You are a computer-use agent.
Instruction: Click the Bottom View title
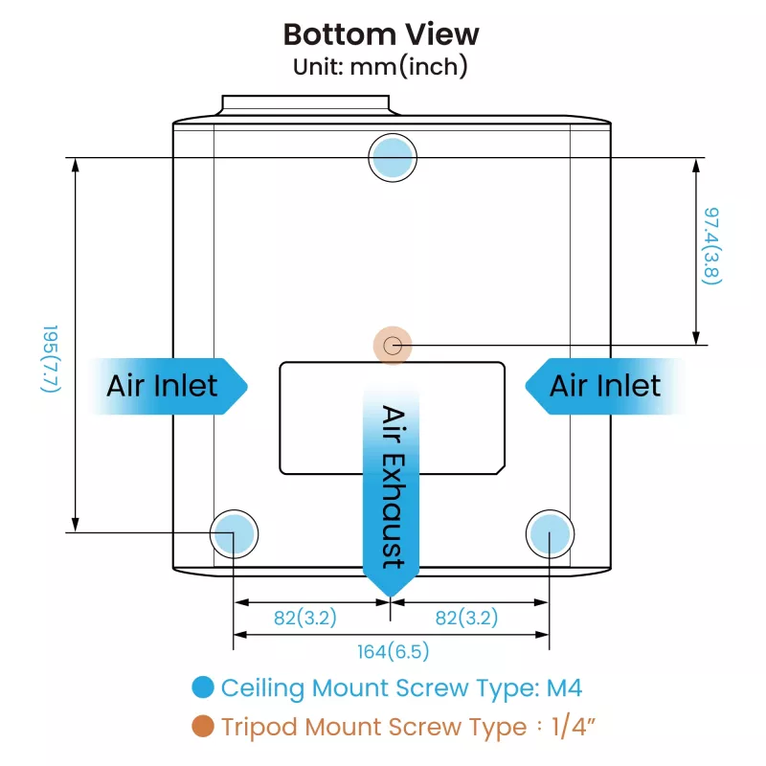381,34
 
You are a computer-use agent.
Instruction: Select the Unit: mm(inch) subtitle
380,67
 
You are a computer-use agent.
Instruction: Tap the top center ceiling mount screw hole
393,157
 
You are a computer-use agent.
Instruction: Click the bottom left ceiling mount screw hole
234,534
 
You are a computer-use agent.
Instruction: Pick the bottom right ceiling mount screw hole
550,534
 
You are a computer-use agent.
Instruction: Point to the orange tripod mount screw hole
393,346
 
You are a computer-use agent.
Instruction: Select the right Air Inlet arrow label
605,386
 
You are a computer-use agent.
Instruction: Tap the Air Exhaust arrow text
393,487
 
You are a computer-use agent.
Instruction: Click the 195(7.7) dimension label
51,358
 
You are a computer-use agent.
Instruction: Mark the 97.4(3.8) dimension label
711,246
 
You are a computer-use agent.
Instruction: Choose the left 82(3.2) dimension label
305,618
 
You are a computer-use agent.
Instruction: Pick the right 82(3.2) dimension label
466,618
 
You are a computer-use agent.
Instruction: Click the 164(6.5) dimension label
394,651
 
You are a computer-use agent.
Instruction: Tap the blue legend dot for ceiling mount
203,687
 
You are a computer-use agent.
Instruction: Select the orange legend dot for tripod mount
203,726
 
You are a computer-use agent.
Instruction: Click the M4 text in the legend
564,687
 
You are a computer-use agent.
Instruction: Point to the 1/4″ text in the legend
574,727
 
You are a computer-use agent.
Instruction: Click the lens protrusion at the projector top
305,105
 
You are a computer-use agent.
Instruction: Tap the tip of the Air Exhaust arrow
391,597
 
